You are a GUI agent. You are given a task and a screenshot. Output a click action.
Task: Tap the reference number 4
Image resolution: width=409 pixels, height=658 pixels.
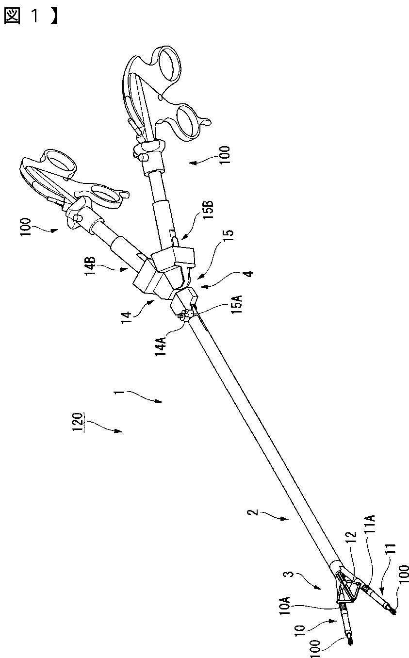tap(248, 273)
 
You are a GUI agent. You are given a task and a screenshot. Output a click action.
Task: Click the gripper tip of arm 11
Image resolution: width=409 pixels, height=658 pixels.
tap(393, 612)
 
